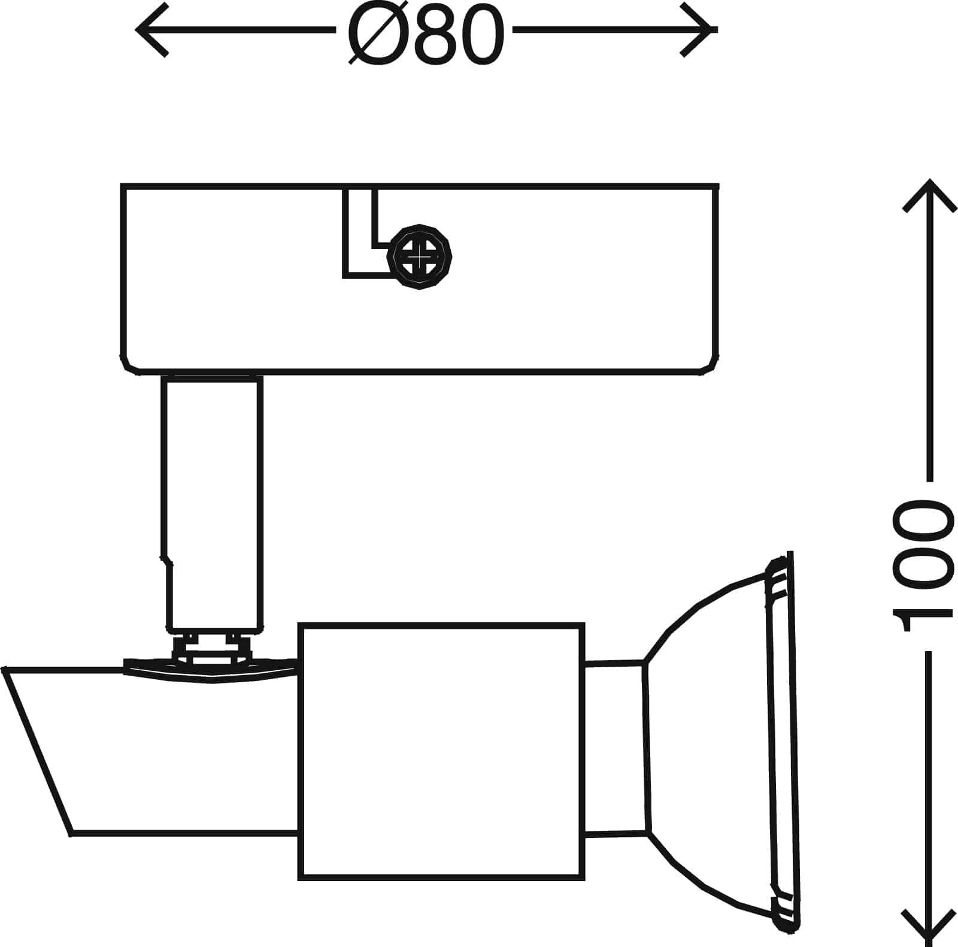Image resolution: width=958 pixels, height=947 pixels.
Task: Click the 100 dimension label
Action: tap(926, 565)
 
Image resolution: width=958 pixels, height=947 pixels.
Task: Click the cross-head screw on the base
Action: tap(419, 257)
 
